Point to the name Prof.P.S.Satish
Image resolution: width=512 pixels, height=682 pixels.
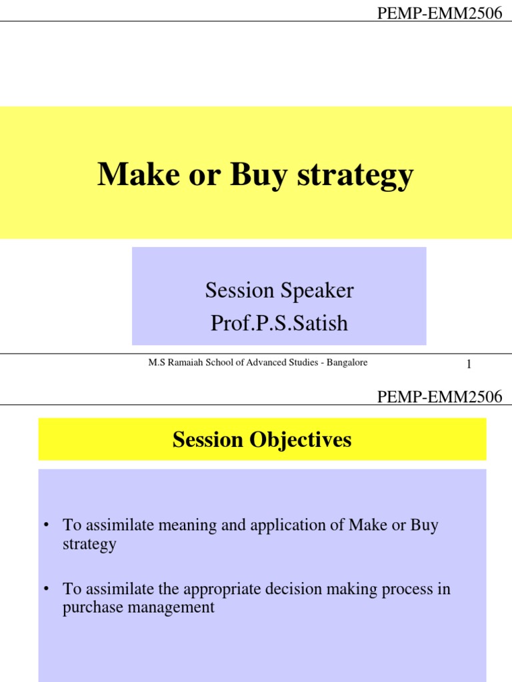[x=279, y=323]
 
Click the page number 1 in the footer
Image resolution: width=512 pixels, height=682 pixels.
[x=469, y=364]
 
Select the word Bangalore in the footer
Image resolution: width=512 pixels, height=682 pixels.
[x=345, y=362]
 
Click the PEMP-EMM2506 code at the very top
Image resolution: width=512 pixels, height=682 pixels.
[x=439, y=13]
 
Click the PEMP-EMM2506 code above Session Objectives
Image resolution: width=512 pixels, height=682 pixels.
[x=439, y=398]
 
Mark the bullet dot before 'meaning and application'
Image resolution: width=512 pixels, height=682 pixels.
[x=47, y=525]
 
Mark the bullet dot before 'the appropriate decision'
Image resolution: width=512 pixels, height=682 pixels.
[x=47, y=589]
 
